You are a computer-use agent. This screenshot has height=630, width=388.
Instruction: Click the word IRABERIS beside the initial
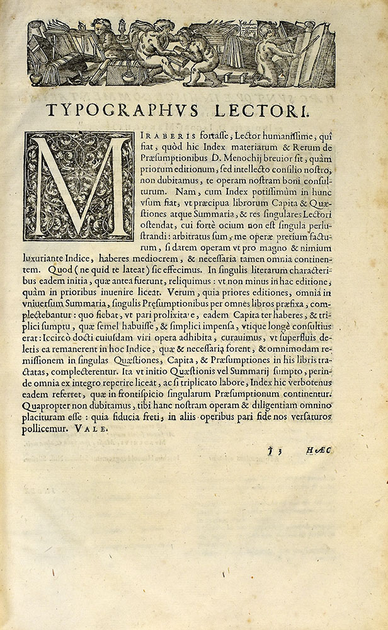159,139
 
